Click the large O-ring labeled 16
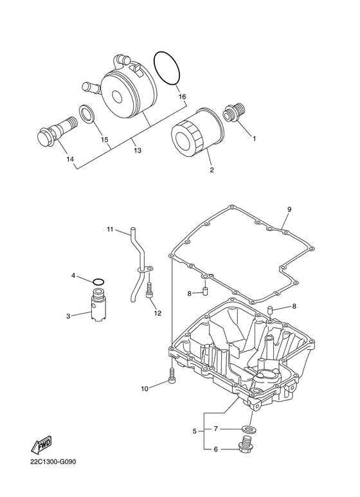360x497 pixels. coord(155,60)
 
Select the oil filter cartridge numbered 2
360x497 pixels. coord(197,132)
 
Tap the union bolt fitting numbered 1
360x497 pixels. coord(235,112)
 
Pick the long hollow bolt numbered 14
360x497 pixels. coord(57,132)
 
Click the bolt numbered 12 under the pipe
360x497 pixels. coord(149,290)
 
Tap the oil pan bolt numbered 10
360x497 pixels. coord(172,376)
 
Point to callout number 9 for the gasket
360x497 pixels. coord(289,210)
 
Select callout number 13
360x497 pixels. coord(137,150)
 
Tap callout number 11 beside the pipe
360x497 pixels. coord(110,230)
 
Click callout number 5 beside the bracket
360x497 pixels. coord(194,431)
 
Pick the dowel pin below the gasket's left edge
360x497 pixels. coord(204,291)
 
